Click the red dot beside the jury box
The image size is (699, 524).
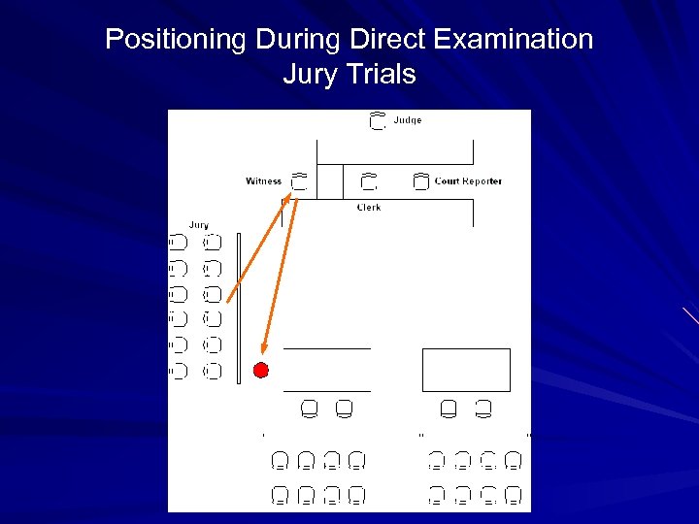pos(260,370)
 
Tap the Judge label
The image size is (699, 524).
pos(408,121)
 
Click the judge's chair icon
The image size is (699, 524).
pos(379,122)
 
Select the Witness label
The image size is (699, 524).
pos(263,180)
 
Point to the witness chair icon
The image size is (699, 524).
pos(299,180)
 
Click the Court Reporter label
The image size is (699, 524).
pos(468,181)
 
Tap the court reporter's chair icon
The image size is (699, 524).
pos(420,181)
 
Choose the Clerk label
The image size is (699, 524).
pos(369,208)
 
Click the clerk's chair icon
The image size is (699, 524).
pos(369,181)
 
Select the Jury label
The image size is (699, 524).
pos(198,225)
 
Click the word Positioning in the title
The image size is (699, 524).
pos(177,40)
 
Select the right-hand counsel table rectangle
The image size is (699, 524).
pos(466,370)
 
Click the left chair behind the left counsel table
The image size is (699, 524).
pos(310,409)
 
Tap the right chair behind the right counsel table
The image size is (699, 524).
pos(483,409)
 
